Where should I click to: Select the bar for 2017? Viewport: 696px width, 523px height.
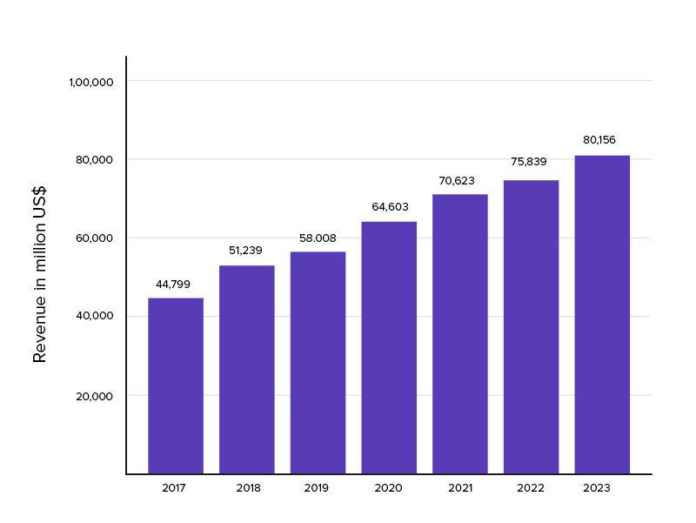click(176, 386)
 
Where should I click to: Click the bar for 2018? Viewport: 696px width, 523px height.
click(246, 369)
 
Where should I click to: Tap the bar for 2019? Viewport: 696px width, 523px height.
click(318, 362)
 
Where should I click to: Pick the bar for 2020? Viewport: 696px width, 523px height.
click(389, 347)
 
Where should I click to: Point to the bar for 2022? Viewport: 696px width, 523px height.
click(531, 326)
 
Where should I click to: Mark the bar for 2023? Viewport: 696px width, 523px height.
click(602, 314)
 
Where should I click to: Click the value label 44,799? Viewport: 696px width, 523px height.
click(173, 284)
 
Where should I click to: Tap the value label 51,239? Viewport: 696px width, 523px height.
click(244, 251)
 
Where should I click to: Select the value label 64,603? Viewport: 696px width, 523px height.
click(390, 207)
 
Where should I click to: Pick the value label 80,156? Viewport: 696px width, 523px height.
click(599, 139)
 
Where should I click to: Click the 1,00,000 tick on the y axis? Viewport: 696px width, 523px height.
click(91, 82)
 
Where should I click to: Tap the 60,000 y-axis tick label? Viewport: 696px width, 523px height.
click(96, 238)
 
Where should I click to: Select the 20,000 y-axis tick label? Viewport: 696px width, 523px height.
click(96, 396)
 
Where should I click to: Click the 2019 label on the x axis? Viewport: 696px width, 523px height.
click(317, 488)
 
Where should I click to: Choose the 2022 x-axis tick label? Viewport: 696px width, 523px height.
click(531, 488)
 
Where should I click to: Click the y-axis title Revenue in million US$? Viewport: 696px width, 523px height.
click(40, 273)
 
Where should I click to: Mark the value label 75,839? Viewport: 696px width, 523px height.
click(529, 162)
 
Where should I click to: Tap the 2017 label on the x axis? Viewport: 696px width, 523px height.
click(174, 488)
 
